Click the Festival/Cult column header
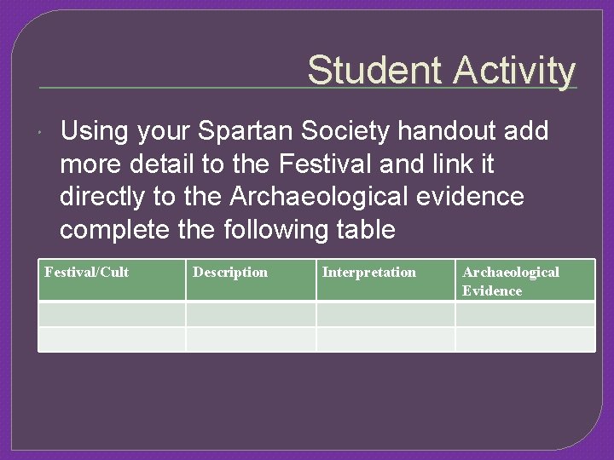(87, 273)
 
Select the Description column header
(230, 273)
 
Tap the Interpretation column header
(369, 273)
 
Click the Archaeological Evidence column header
(510, 281)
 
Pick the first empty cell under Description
(251, 314)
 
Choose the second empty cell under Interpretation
(385, 339)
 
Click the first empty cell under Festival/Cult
(112, 314)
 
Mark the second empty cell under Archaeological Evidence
(524, 339)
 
